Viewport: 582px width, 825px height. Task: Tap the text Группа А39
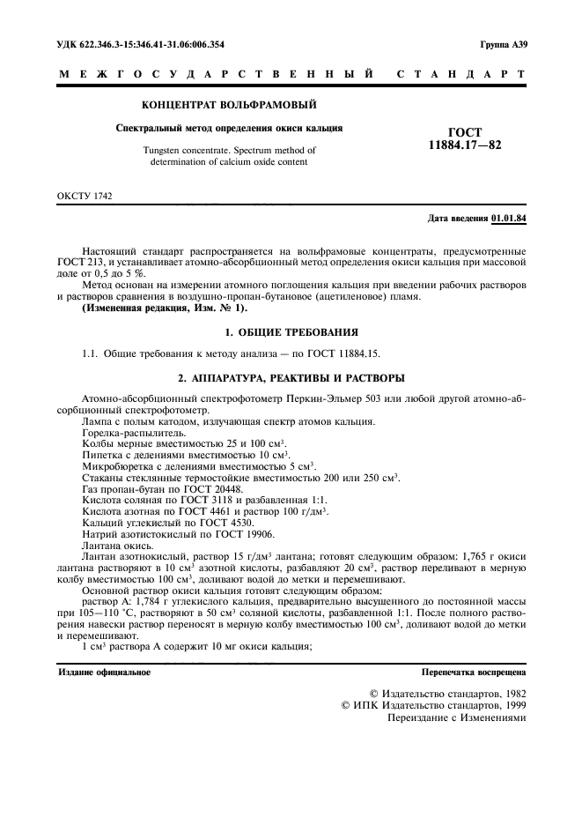(503, 43)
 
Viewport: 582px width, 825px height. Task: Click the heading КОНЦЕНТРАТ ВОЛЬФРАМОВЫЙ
(229, 105)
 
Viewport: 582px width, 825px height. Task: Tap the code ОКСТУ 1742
(85, 195)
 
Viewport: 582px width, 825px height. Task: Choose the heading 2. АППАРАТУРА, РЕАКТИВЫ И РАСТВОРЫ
(291, 377)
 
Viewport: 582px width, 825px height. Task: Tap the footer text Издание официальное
(104, 672)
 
